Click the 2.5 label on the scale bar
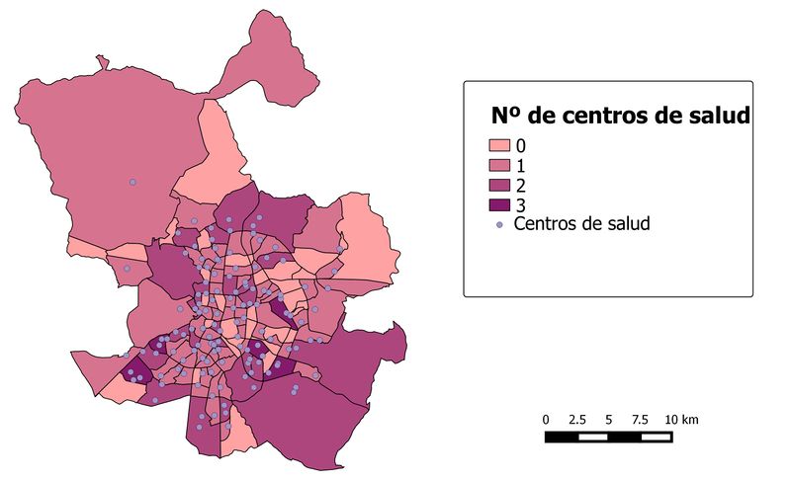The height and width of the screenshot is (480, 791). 576,420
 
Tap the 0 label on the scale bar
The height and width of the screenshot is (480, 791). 546,420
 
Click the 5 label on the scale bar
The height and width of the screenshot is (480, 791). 607,420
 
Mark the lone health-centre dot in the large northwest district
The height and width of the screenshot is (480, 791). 132,182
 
